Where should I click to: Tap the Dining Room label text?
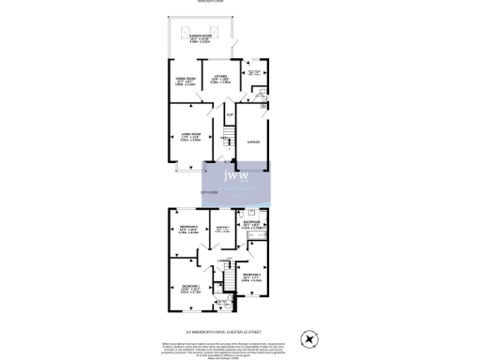tap(186, 79)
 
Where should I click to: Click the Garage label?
tap(252, 142)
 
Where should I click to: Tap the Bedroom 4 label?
tap(222, 230)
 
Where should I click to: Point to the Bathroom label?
tap(252, 225)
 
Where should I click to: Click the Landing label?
tap(224, 261)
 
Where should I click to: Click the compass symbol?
tap(308, 338)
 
